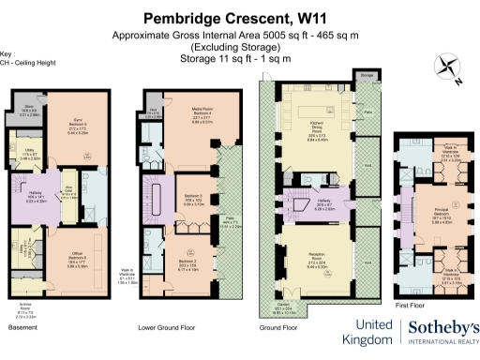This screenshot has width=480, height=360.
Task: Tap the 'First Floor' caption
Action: click(410, 305)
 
